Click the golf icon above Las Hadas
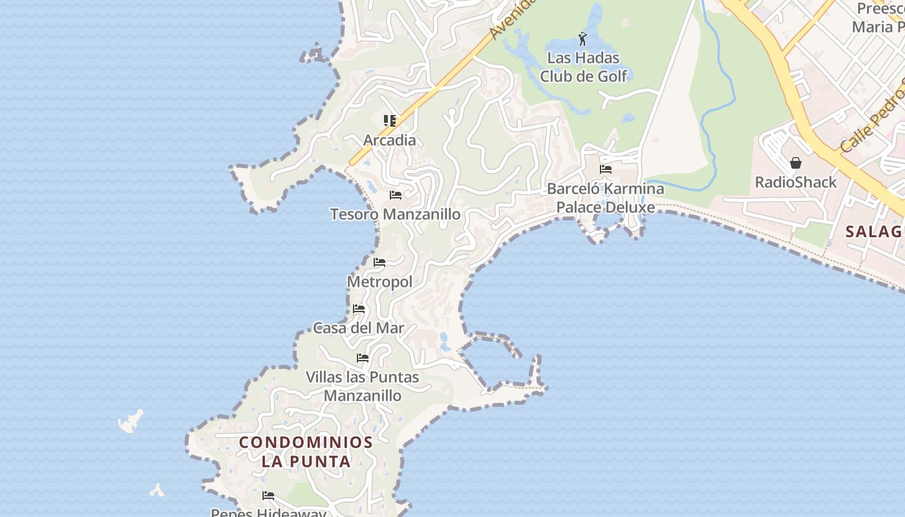coord(582,39)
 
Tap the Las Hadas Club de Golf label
coord(584,67)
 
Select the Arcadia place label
coord(389,140)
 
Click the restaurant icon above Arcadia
coord(389,121)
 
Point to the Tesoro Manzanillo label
coord(395,214)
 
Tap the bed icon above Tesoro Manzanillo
coord(396,195)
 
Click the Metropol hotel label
coord(379,282)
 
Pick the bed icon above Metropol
coord(379,262)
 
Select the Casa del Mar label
coord(359,328)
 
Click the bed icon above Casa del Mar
coord(359,309)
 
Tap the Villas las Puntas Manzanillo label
coord(363,386)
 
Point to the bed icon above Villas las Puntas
coord(363,357)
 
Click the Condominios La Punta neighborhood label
coord(306,452)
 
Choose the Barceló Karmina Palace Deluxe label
coord(606,198)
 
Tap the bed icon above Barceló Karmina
coord(606,169)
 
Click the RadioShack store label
coord(796,182)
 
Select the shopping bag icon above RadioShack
coord(796,163)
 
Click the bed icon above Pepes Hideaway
coord(268,496)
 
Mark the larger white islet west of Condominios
coord(131,421)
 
